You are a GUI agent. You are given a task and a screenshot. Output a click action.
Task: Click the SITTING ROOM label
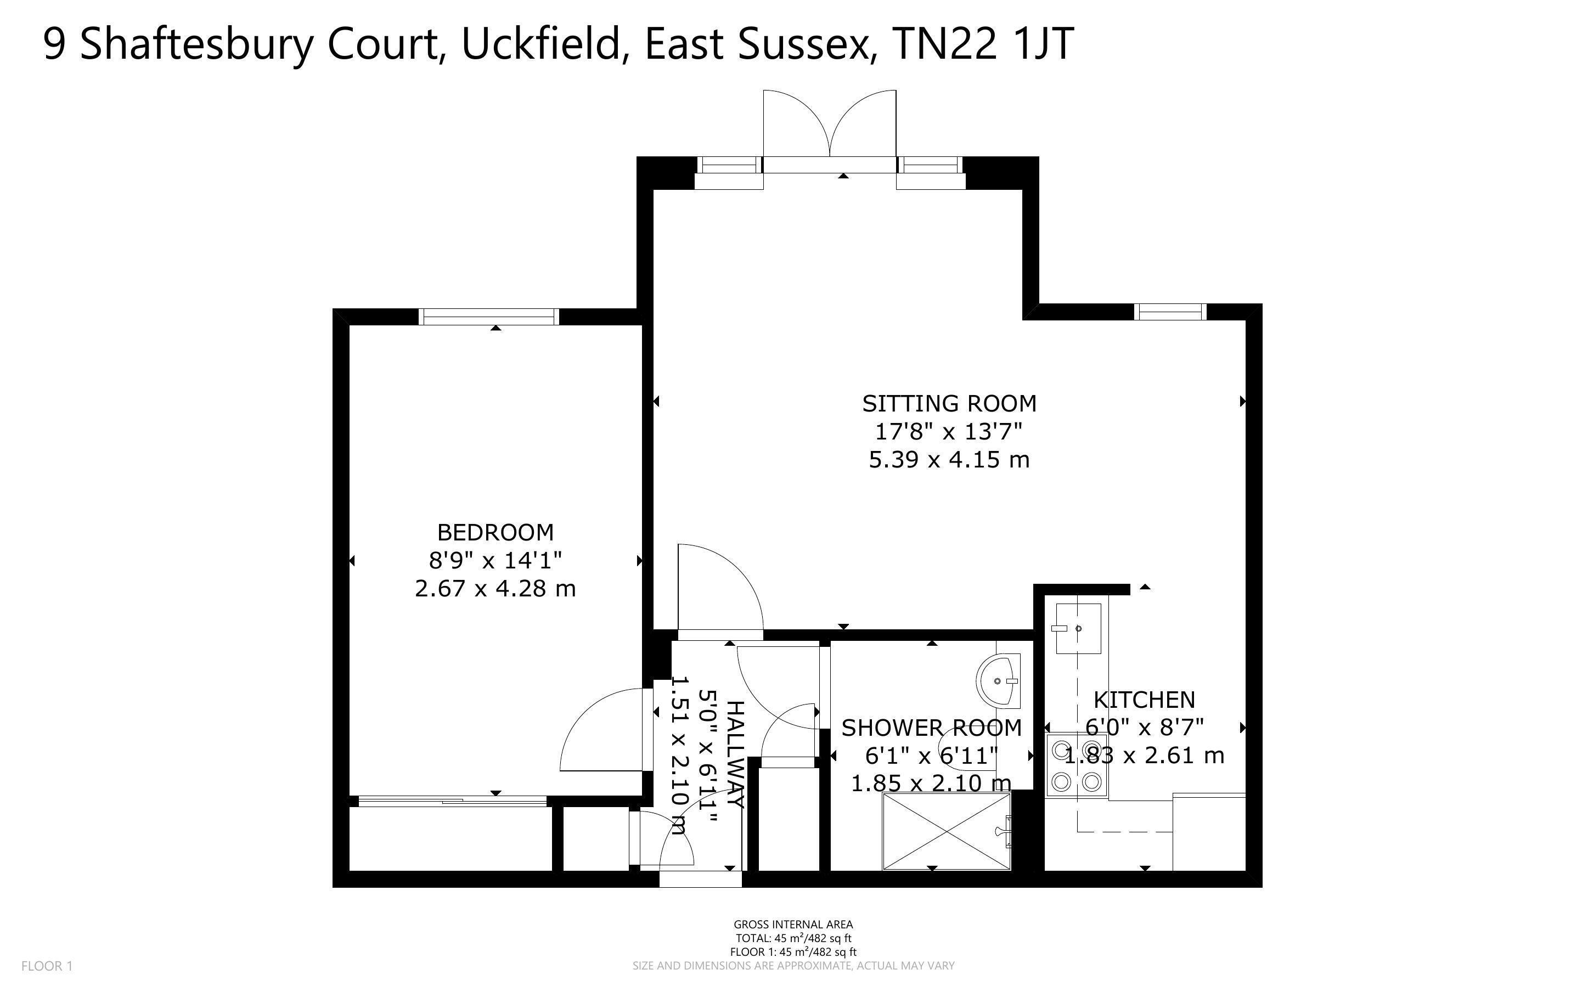tap(949, 403)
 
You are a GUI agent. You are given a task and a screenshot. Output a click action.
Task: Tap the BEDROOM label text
tap(495, 532)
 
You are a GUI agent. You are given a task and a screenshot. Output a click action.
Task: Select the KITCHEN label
tap(1145, 700)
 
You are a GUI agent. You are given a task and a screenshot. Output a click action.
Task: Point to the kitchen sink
tap(1078, 629)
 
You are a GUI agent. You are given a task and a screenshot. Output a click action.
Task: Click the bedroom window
tap(489, 317)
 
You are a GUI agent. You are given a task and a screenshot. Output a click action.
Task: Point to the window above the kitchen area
tap(1172, 312)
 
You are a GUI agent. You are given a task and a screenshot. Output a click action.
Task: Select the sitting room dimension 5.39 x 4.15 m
tap(949, 460)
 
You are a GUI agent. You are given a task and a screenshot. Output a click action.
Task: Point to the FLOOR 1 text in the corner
tap(47, 966)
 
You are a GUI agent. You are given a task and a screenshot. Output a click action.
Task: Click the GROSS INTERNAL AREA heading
tap(793, 925)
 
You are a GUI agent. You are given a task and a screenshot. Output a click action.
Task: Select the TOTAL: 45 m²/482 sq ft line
tap(793, 939)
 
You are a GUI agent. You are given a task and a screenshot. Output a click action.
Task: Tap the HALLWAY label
tap(736, 754)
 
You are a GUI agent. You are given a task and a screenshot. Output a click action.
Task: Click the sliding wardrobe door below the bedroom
tap(453, 801)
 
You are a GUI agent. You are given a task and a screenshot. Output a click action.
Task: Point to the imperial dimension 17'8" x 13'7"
tap(949, 432)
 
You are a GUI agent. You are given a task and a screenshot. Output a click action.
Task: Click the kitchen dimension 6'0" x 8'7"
tap(1145, 728)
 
